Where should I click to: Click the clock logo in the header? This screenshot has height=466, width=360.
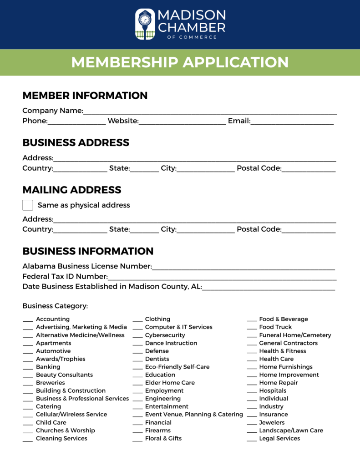145,24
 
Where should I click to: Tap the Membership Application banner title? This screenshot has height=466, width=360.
180,62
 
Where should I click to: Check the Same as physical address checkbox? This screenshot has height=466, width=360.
28,205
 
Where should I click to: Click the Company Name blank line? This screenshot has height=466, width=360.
210,111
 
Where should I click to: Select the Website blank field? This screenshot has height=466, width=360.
182,122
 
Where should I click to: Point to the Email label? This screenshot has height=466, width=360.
239,121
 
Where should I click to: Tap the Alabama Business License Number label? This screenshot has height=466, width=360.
87,266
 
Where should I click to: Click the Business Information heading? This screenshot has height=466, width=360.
88,251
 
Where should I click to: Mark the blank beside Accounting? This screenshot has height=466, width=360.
28,320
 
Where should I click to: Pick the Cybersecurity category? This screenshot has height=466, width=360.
165,335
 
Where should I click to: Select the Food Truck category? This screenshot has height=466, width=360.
275,327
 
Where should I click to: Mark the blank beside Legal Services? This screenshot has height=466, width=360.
252,440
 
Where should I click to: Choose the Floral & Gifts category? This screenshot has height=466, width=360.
163,438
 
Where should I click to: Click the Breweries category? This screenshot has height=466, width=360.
50,383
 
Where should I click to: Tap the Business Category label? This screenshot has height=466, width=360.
55,306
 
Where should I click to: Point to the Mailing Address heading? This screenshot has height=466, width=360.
72,190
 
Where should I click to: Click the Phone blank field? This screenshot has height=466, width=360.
76,122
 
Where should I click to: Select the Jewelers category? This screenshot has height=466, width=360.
272,422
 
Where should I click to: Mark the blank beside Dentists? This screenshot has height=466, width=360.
138,360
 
